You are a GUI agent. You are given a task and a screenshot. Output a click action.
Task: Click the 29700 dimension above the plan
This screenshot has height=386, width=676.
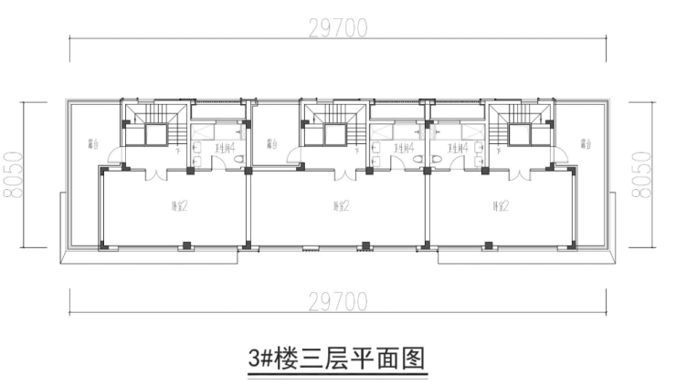pos(338,28)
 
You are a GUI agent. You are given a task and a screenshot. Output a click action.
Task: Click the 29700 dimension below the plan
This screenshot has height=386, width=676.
pos(338,299)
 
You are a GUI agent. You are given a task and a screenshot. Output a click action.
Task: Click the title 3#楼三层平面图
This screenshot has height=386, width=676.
pos(337,356)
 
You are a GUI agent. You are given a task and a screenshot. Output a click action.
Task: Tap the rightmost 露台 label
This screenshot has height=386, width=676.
pos(584,143)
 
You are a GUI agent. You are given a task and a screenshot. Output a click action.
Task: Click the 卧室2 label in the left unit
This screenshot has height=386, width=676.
pos(178,205)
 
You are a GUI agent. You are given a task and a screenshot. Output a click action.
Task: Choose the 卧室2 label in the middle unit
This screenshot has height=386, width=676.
pos(335,205)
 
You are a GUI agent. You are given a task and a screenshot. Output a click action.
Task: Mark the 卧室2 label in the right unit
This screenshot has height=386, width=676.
pos(500,205)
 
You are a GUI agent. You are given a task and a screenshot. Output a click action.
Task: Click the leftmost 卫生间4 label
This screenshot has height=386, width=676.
pos(226,146)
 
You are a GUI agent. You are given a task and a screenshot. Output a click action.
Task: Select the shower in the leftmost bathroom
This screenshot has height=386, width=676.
pos(203,133)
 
